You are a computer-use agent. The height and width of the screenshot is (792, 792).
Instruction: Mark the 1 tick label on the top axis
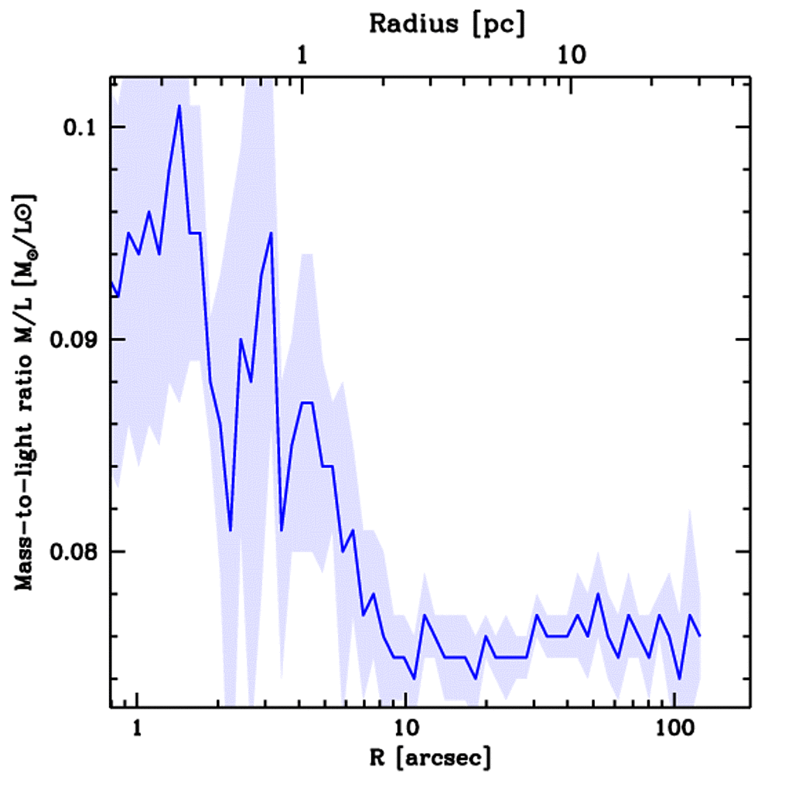[x=302, y=56]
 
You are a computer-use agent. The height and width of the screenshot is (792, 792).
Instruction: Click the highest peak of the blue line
[x=179, y=106]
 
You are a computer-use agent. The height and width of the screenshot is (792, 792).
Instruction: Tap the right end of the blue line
[x=700, y=636]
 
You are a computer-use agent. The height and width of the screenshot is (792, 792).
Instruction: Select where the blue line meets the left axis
[x=111, y=282]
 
